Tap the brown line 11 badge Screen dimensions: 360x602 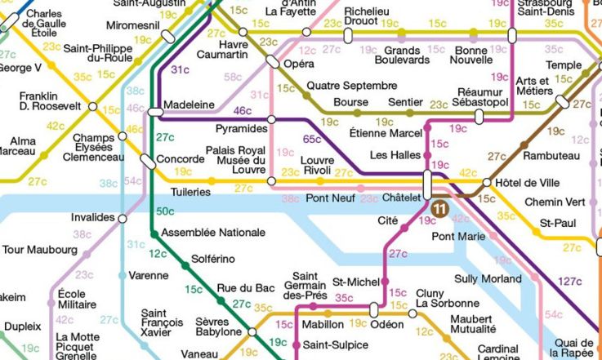click(x=440, y=210)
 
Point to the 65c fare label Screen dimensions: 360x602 click(x=311, y=139)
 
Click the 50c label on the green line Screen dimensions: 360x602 click(x=166, y=212)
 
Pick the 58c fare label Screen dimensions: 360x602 click(x=233, y=77)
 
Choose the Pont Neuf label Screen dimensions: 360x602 click(x=330, y=198)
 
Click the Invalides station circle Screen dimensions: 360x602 click(x=123, y=219)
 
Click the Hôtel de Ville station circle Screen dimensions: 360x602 click(x=487, y=183)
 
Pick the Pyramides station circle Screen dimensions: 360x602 click(x=271, y=120)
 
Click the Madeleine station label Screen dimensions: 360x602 click(x=189, y=105)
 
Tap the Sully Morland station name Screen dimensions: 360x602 click(x=488, y=279)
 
